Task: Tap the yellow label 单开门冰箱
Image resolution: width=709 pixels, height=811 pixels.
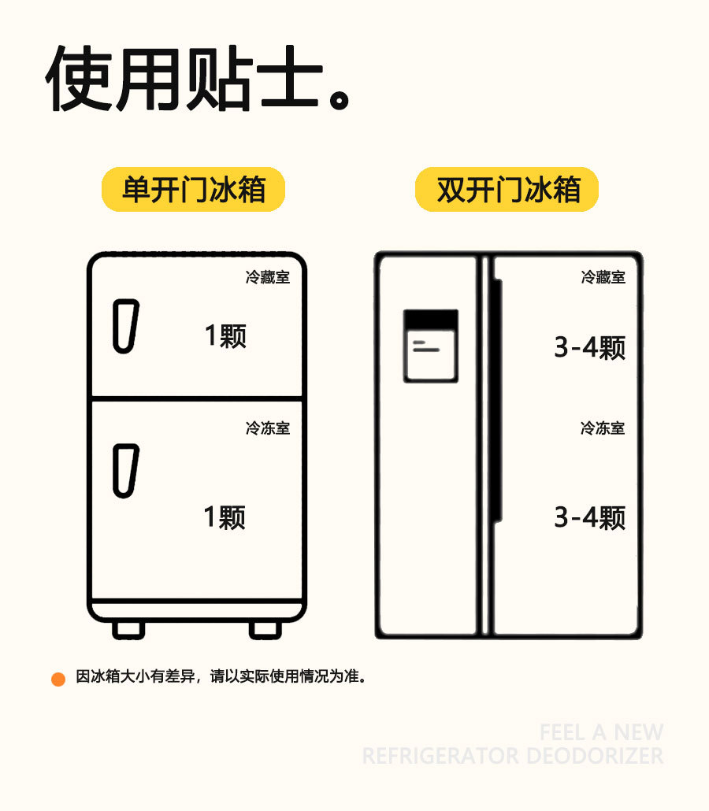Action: point(193,191)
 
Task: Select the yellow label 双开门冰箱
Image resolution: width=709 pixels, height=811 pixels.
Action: point(508,191)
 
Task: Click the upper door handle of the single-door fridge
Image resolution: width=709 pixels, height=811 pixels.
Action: point(124,325)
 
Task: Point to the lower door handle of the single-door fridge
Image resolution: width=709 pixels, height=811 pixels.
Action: point(124,471)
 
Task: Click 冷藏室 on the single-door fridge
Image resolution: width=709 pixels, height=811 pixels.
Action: point(267,278)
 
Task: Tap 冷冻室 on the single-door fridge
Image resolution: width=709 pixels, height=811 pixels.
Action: point(267,428)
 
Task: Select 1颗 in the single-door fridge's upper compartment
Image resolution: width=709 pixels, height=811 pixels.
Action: point(225,336)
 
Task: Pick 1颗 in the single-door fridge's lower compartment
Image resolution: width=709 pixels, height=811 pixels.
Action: point(225,517)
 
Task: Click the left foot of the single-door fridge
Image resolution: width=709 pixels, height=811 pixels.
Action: point(128,630)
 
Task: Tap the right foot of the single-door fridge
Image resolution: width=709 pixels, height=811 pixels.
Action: point(265,630)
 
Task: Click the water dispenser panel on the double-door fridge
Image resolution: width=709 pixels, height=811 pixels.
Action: point(430,346)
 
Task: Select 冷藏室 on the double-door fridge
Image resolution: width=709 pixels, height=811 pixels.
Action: point(603,277)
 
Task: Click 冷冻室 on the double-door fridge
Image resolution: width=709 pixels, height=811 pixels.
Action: point(603,428)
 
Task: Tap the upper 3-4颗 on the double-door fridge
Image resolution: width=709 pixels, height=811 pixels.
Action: point(589,347)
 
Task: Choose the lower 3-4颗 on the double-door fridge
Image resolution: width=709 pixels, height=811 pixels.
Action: point(589,517)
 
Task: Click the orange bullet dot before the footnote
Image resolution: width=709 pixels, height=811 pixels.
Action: point(58,679)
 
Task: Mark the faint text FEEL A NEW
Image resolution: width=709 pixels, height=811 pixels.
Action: point(601,732)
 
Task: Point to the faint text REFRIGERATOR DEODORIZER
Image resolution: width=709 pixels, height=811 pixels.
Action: point(512,757)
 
